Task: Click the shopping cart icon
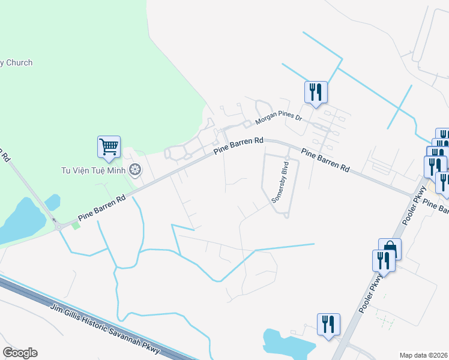point(109,146)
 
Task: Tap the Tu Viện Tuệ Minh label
point(95,170)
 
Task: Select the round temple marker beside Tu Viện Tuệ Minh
point(136,170)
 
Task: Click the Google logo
point(20,353)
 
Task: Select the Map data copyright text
point(424,355)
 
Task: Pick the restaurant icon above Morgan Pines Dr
point(315,92)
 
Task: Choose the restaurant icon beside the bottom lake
point(328,325)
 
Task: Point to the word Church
point(19,63)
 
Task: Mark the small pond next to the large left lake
point(52,201)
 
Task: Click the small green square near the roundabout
point(76,225)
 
